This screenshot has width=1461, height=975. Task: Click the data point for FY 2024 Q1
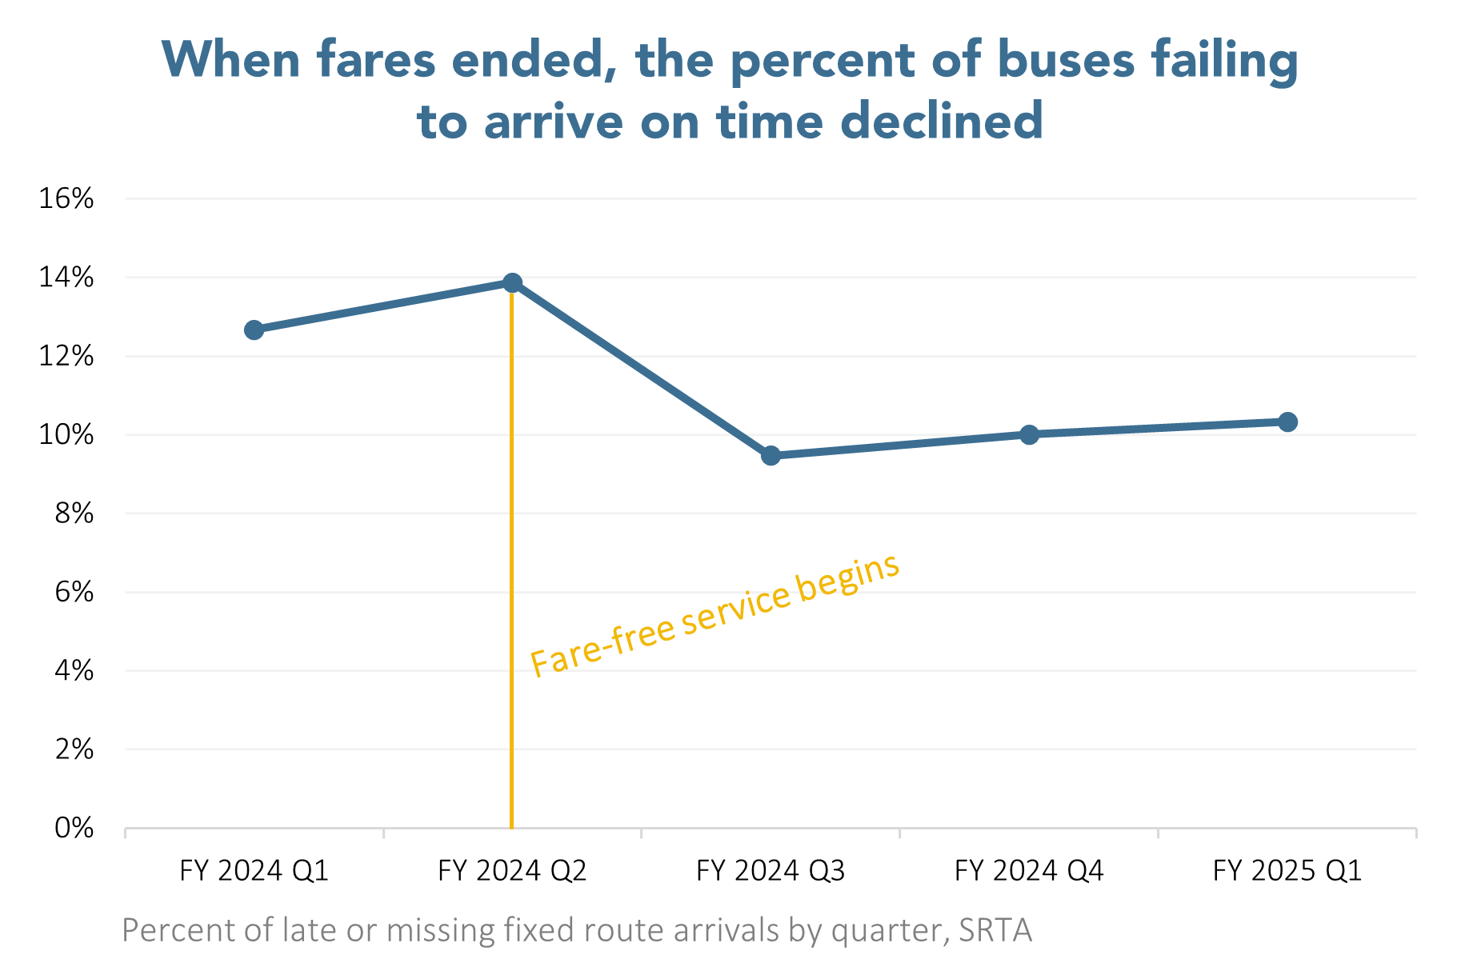point(254,330)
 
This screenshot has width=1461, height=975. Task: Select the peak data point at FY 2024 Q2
point(512,282)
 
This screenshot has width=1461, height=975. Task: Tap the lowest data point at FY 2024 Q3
point(771,455)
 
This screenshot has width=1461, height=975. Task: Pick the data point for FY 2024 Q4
point(1029,434)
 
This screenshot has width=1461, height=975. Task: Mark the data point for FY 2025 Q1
point(1287,422)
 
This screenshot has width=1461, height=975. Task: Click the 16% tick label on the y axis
point(66,198)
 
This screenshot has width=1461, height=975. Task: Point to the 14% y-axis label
point(66,278)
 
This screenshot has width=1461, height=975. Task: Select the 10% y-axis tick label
point(66,435)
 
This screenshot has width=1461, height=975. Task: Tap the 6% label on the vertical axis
point(74,592)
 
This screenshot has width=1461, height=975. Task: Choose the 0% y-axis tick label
point(74,828)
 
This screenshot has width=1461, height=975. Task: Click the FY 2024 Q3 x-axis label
point(771,870)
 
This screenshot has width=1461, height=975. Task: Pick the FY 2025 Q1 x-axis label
point(1287,870)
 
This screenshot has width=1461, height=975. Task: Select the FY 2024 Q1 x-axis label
point(254,870)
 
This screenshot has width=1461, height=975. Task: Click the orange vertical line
point(511,560)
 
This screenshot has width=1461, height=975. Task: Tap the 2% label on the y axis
point(74,749)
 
